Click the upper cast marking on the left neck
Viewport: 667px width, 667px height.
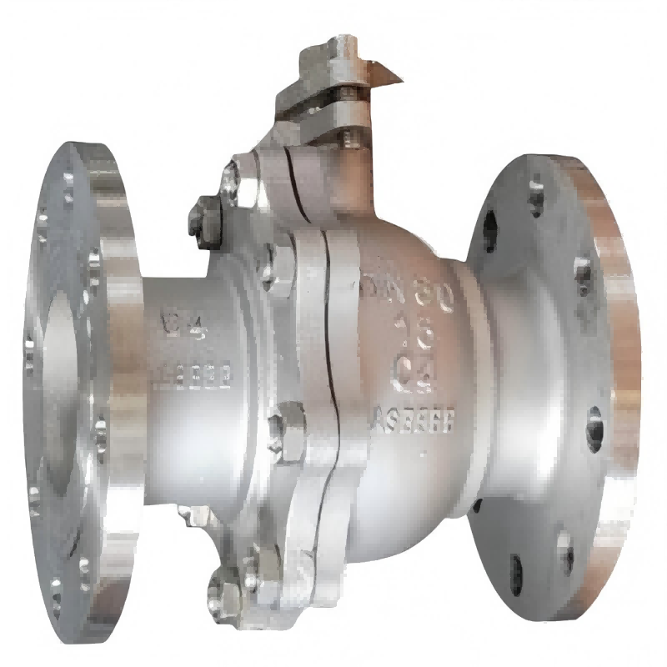(x=177, y=321)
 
